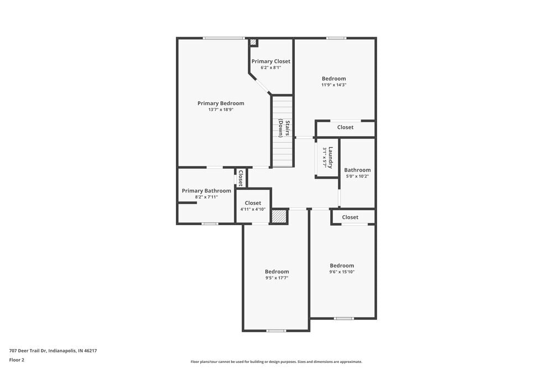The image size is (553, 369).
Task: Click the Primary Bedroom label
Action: tap(221, 103)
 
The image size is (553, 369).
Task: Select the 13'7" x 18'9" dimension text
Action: tap(221, 110)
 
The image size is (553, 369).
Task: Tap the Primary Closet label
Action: tap(271, 61)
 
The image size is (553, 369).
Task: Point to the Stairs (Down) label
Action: tap(281, 128)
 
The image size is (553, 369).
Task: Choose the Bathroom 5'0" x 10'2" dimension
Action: tap(357, 176)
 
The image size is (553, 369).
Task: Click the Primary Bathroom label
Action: tap(206, 191)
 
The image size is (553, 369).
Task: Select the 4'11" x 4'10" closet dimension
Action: tap(253, 210)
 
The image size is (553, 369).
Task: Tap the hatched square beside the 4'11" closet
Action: tap(279, 216)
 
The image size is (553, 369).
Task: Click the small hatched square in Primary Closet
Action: tap(253, 42)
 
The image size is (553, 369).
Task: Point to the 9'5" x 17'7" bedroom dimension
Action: tap(276, 278)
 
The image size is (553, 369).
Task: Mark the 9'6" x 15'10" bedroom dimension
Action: tap(342, 272)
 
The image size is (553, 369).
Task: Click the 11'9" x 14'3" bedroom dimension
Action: tap(334, 85)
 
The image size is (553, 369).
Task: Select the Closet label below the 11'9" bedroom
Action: tap(345, 127)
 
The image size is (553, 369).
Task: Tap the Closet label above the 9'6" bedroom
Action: tap(350, 217)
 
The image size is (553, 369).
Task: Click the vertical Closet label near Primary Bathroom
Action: tap(241, 178)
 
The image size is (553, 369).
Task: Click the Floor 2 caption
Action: tap(17, 360)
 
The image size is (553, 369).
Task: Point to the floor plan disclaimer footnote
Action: tap(276, 362)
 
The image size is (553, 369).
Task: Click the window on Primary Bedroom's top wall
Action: tap(223, 38)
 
